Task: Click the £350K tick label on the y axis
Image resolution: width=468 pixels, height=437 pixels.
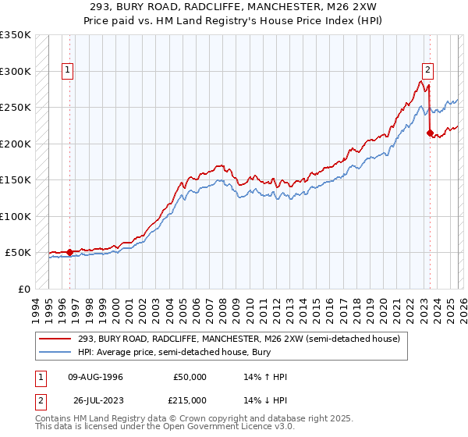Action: pos(16,35)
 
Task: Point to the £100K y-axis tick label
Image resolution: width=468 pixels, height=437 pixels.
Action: pos(16,216)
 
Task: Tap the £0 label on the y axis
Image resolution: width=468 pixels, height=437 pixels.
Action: pos(23,289)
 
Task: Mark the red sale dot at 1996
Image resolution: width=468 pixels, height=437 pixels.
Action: pos(70,252)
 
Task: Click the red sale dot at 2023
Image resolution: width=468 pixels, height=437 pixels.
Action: pos(430,133)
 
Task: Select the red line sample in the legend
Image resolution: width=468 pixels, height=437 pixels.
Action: pos(56,339)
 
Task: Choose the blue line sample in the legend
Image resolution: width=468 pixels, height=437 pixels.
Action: pos(56,352)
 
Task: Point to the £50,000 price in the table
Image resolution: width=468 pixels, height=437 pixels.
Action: pos(191,377)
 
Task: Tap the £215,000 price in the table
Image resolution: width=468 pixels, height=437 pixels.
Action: pos(191,400)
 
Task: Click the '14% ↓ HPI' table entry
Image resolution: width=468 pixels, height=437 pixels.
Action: pos(266,400)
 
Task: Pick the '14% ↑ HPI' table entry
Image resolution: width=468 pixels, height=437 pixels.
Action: pos(266,377)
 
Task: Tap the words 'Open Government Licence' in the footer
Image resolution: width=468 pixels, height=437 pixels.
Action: pos(190,428)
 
